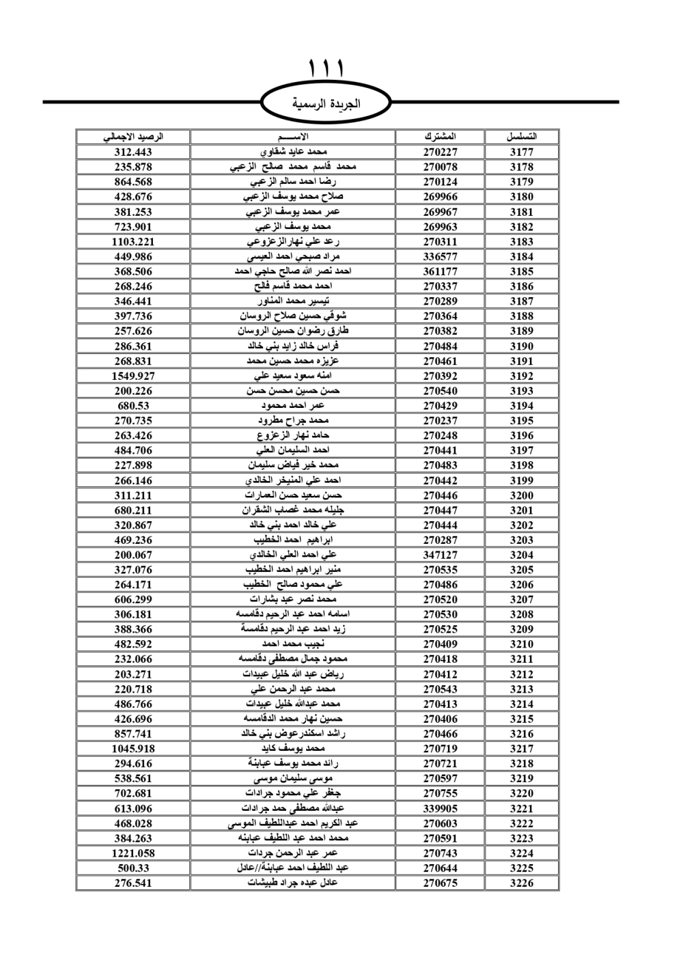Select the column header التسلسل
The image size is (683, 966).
click(521, 137)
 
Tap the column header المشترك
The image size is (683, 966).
click(440, 137)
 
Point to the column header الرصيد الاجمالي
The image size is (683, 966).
click(133, 137)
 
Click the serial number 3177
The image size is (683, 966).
click(521, 152)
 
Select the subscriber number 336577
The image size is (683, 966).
click(440, 256)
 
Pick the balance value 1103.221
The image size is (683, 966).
click(133, 241)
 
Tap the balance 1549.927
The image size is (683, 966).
click(133, 376)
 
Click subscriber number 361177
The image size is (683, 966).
click(440, 271)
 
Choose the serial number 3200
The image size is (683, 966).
click(521, 495)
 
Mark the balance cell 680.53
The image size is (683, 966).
click(133, 406)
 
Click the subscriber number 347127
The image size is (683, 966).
click(440, 555)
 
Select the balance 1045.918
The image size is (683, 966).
click(133, 749)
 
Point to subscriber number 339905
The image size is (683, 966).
click(440, 808)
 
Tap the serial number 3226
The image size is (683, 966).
click(521, 883)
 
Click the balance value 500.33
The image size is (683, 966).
click(133, 868)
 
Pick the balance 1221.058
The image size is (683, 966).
click(133, 853)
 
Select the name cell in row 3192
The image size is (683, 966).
click(293, 376)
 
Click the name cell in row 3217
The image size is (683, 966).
click(293, 749)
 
